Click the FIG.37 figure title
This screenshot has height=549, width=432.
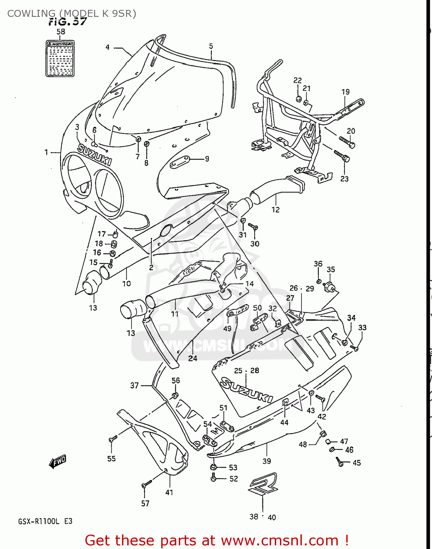[x=68, y=22]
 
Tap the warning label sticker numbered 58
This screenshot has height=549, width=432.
[x=60, y=59]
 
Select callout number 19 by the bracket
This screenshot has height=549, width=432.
[x=346, y=92]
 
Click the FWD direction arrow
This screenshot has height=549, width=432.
[x=58, y=462]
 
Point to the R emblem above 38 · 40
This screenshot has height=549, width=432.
[x=263, y=484]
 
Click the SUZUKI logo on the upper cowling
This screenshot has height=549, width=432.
[x=95, y=154]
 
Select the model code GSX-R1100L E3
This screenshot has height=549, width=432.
[x=45, y=521]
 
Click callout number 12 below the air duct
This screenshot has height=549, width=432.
[x=276, y=210]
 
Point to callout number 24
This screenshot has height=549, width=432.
[x=193, y=358]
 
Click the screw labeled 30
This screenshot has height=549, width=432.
[x=253, y=227]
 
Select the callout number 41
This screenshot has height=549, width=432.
[x=169, y=492]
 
